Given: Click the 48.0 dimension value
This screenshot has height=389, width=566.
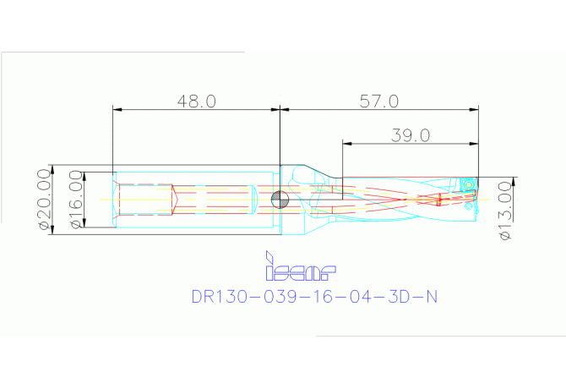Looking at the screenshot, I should pyautogui.click(x=197, y=101).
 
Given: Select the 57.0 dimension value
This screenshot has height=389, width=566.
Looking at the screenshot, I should pyautogui.click(x=378, y=101).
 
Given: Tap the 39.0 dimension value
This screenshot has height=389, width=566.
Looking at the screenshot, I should pyautogui.click(x=411, y=134).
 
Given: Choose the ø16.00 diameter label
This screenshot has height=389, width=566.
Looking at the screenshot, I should pyautogui.click(x=75, y=200).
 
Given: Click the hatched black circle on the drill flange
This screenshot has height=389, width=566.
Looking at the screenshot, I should pyautogui.click(x=280, y=200).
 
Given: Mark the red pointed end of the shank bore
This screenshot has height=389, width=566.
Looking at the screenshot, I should pyautogui.click(x=176, y=200).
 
